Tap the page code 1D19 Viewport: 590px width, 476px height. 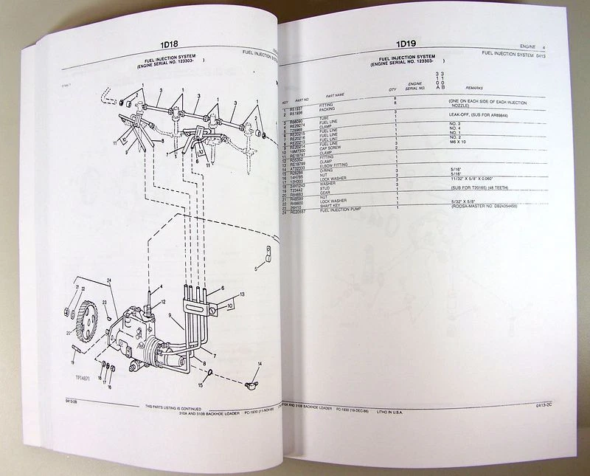click(x=407, y=44)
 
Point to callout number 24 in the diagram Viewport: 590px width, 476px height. click(x=108, y=280)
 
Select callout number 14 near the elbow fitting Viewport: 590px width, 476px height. click(x=259, y=367)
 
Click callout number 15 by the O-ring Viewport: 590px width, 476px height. click(x=199, y=384)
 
